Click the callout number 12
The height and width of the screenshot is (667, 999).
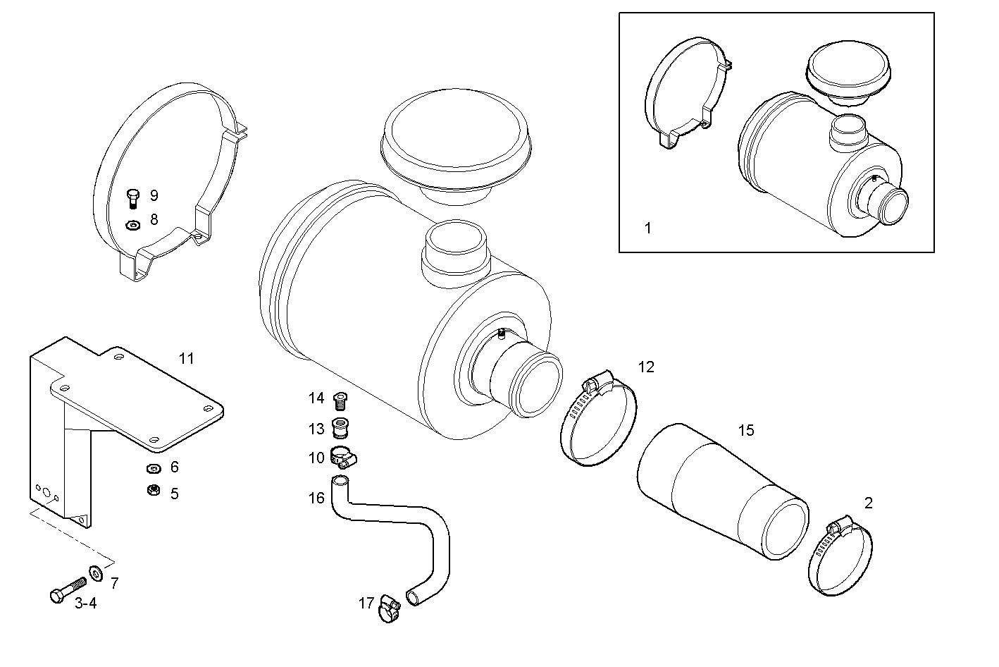(x=646, y=367)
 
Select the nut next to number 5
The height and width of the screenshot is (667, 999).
(x=151, y=491)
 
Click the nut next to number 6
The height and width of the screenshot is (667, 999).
(x=151, y=468)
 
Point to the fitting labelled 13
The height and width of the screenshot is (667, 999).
(x=341, y=429)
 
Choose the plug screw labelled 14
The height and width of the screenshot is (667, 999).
(x=341, y=400)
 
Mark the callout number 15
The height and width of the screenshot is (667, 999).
(x=745, y=430)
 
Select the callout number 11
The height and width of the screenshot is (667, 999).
(x=186, y=359)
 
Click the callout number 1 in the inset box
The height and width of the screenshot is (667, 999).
(x=648, y=228)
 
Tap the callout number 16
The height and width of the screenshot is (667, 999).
(x=316, y=498)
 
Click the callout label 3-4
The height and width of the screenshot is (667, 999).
(x=85, y=603)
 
